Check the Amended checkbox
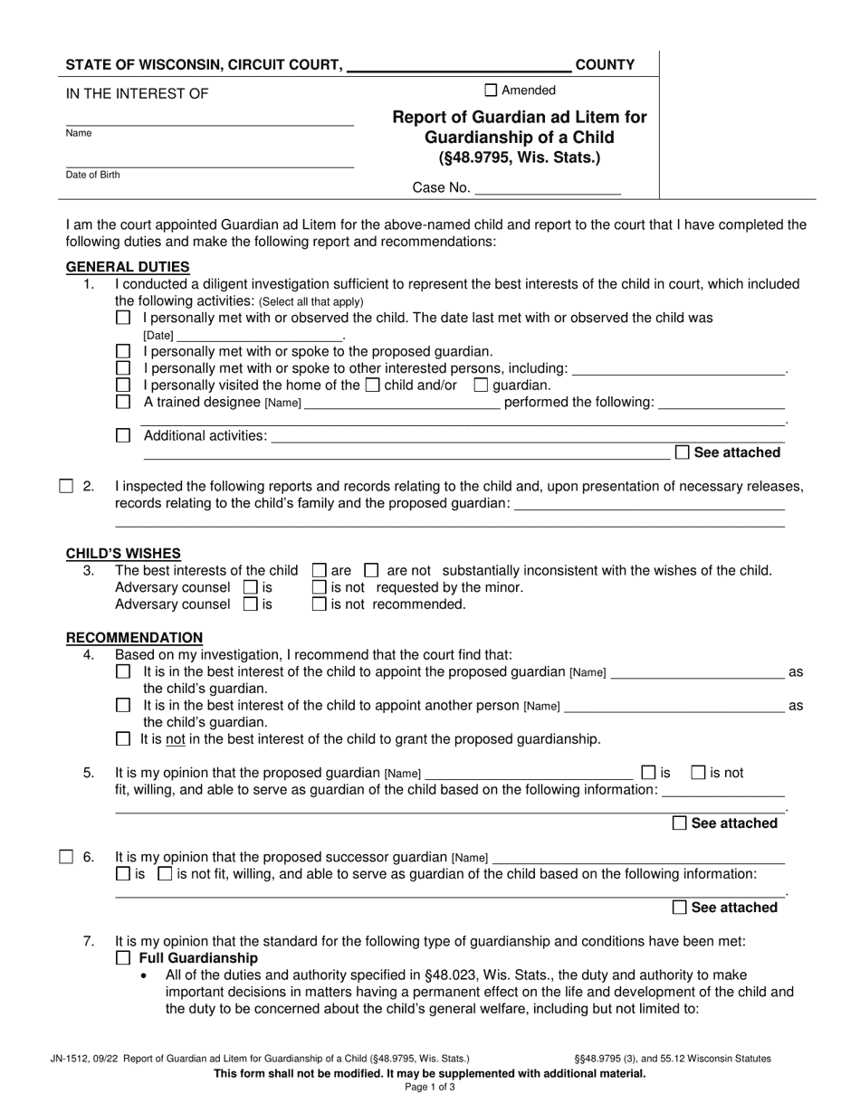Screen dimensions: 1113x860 tap(491, 90)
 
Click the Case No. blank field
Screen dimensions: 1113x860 tap(548, 188)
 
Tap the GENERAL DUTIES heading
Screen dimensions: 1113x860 tap(128, 267)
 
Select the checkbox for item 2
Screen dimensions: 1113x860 tap(66, 487)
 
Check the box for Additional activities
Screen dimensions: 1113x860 tap(123, 436)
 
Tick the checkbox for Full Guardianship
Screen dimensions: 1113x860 tap(123, 958)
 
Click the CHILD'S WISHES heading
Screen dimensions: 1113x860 tap(123, 554)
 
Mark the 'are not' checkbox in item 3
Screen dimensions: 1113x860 tap(371, 571)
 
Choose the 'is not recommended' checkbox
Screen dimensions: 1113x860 tap(319, 604)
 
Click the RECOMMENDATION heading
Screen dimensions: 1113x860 tap(134, 638)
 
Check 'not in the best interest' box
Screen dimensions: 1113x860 tap(123, 739)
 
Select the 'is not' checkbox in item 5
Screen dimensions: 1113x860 tap(698, 773)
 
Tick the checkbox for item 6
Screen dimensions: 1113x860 tap(66, 857)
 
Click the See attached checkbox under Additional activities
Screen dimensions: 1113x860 tap(683, 452)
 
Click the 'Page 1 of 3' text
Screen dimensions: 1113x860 tap(430, 1088)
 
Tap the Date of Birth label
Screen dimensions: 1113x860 tap(92, 175)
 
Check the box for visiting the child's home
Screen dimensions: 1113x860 tap(371, 385)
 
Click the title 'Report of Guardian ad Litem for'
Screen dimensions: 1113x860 tap(520, 118)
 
